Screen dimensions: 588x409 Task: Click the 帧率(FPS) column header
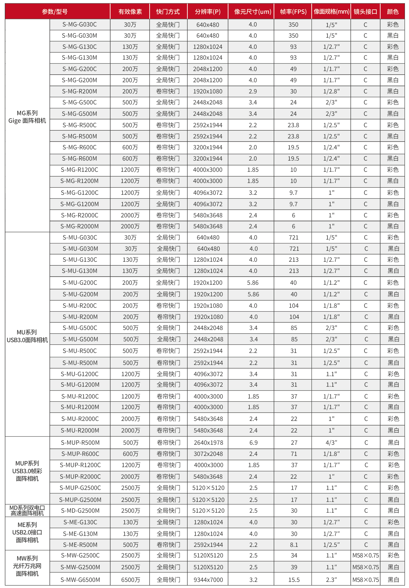coord(293,12)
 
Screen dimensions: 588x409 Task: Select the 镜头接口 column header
coord(365,12)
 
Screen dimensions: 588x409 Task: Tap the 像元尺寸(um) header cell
coord(252,12)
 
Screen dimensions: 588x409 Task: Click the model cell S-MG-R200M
coord(80,91)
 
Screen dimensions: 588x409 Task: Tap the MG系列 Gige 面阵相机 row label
coord(27,117)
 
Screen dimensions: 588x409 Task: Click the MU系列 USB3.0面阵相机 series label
coord(27,336)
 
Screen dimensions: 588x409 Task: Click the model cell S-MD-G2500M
coord(80,510)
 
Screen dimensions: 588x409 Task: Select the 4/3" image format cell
coord(331,442)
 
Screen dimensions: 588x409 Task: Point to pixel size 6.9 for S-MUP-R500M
coord(253,442)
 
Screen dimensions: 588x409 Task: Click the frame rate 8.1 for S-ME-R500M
coord(294,544)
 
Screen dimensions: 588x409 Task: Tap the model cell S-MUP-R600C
coord(80,454)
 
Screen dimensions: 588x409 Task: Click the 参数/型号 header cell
coord(55,12)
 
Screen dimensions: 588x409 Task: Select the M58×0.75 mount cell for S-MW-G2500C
coord(365,555)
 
